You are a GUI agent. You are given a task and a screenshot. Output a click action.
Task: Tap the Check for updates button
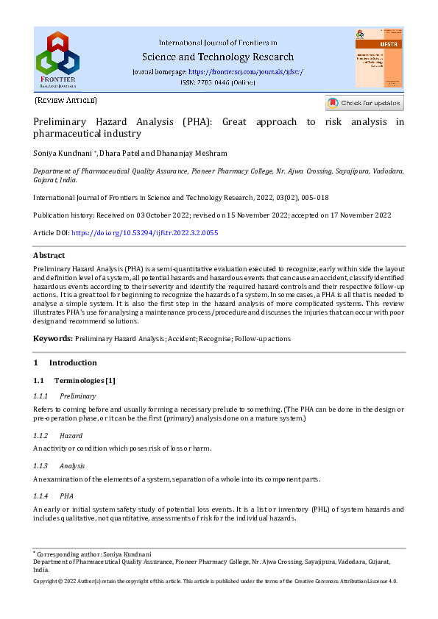[x=365, y=104]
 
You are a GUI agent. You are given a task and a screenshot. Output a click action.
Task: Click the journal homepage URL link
[x=246, y=72]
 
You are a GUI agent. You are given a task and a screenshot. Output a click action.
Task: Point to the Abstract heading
[x=49, y=256]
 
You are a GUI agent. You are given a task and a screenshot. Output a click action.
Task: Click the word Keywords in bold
[x=52, y=339]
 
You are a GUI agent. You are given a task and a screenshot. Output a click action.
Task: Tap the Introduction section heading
[x=73, y=362]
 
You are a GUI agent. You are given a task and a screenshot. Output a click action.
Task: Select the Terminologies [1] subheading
[x=82, y=380]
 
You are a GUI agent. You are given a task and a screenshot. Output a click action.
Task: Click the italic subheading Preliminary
[x=78, y=396]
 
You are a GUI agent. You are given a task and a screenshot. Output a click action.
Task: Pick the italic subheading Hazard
[x=71, y=436]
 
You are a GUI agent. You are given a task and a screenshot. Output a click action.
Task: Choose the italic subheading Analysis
[x=72, y=466]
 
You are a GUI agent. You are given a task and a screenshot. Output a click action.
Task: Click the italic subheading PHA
[x=67, y=496]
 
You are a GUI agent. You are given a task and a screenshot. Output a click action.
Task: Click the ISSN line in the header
[x=218, y=83]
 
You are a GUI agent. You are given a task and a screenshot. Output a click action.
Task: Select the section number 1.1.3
[x=41, y=466]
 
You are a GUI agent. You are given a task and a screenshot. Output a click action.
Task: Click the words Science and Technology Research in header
[x=218, y=57]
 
